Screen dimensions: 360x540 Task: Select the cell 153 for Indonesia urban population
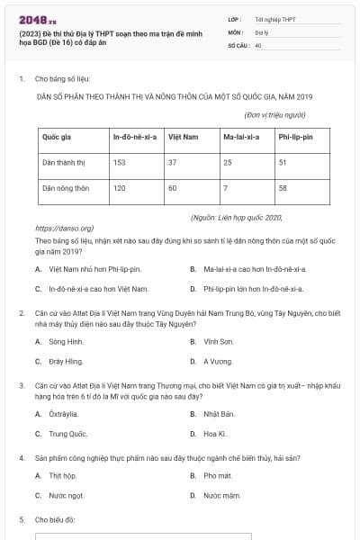pos(119,163)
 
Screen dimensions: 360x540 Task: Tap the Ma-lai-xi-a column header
pos(240,137)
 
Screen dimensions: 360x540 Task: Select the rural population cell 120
pos(119,189)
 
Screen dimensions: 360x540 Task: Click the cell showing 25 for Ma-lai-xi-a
pos(228,163)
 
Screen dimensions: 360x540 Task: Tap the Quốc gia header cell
pos(58,137)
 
